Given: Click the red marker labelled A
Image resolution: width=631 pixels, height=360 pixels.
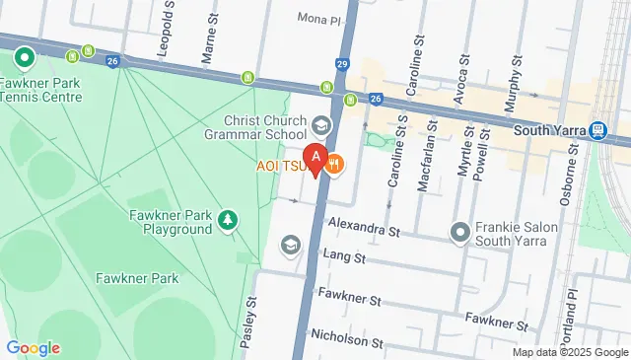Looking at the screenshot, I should point(315,157).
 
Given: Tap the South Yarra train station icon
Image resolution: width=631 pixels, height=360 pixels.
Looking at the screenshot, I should point(598,130).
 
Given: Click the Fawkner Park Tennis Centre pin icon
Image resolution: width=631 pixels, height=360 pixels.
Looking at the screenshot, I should point(22,57).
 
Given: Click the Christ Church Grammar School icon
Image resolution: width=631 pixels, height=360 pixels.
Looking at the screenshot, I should point(320,125).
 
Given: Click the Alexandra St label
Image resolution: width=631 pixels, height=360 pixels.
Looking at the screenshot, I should point(364,230).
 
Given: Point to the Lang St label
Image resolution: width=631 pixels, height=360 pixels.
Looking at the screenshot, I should point(344,258).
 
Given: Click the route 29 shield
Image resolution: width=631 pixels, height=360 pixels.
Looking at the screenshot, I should point(342,62).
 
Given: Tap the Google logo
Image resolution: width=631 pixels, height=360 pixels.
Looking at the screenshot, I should point(33,348).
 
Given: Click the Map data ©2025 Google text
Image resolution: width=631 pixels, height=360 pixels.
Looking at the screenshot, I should point(571,352).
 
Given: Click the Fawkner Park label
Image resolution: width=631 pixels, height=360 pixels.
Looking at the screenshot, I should point(137,278).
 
